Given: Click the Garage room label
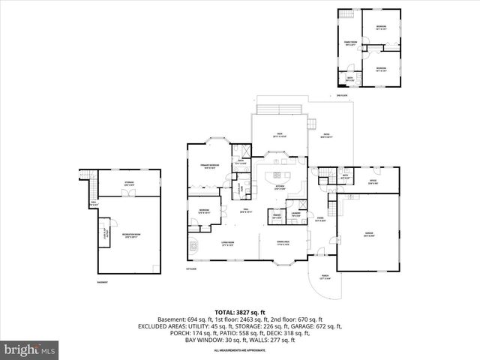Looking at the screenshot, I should tap(369, 234).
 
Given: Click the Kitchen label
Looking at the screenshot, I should tap(280, 187).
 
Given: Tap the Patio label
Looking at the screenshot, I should tap(325, 136).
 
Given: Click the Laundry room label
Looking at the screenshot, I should tap(296, 215).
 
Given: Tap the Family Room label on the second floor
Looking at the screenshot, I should tap(349, 43).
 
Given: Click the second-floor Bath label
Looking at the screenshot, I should tap(349, 77).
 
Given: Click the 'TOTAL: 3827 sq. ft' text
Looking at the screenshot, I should tap(240, 311).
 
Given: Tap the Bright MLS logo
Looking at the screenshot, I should tap(30, 349).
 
